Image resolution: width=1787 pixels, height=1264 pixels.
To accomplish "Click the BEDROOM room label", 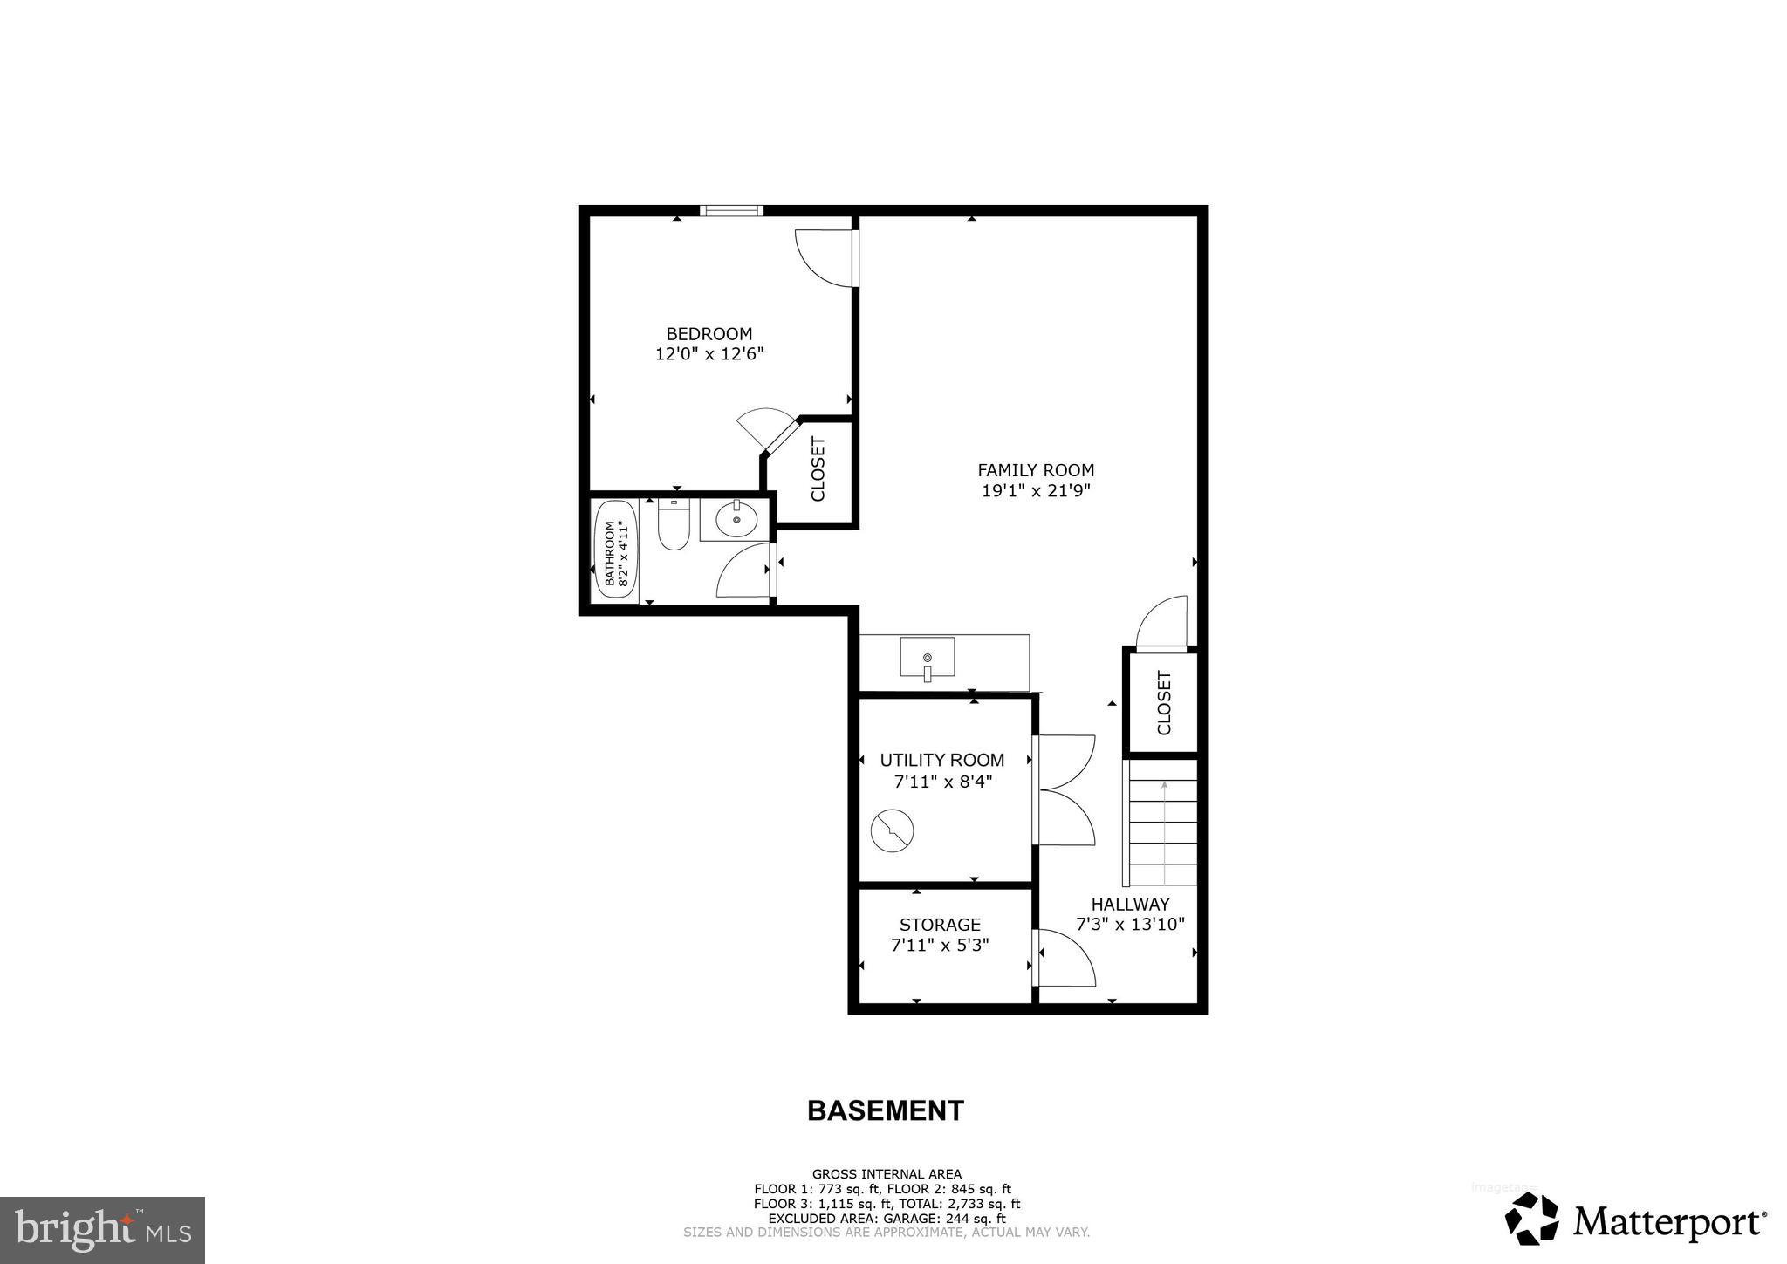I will click(709, 334).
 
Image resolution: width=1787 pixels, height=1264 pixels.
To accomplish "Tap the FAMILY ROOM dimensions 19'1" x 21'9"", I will click(1036, 491).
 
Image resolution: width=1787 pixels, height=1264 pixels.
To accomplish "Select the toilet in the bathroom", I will click(673, 524).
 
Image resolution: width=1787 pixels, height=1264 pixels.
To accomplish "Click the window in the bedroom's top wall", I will click(731, 210).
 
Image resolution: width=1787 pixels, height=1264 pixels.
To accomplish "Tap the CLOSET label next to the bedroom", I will click(818, 469).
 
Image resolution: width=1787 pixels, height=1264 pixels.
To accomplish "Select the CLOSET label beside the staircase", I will click(1163, 703).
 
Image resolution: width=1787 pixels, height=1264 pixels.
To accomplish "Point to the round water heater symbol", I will click(892, 830).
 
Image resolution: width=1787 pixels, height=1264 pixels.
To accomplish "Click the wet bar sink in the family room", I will click(927, 658).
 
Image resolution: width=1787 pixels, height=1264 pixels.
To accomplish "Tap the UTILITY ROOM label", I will click(941, 761).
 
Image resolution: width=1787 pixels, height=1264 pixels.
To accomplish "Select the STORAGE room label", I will click(940, 925).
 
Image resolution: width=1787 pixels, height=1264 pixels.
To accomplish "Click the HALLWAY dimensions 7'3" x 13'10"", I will click(1130, 925).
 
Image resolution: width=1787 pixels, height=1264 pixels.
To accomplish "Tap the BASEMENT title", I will click(885, 1110).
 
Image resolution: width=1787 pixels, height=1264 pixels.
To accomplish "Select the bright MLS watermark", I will click(103, 1230).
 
